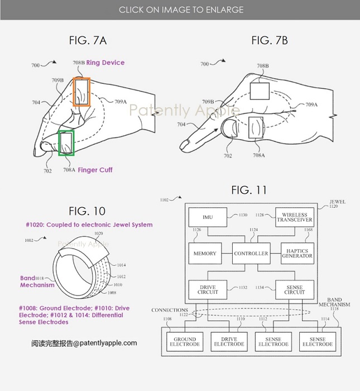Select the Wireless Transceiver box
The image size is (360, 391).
[x=294, y=217]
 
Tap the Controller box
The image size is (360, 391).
[x=251, y=253]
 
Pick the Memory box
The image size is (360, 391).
[x=205, y=253]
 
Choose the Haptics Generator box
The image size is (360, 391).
[x=296, y=253]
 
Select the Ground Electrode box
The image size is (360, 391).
[x=185, y=341]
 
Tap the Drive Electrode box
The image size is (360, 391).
[x=229, y=341]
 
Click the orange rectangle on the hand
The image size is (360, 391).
[x=81, y=92]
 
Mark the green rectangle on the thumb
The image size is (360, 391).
[x=66, y=142]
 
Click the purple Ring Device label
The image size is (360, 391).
[x=105, y=63]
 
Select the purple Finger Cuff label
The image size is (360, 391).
[x=95, y=170]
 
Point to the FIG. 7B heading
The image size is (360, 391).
[x=270, y=40]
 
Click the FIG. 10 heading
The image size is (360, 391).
[x=87, y=211]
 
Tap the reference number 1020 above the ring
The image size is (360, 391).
[x=99, y=234]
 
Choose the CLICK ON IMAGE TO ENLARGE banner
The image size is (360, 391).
[x=180, y=9]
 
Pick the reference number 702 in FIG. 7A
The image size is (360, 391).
[x=47, y=170]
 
